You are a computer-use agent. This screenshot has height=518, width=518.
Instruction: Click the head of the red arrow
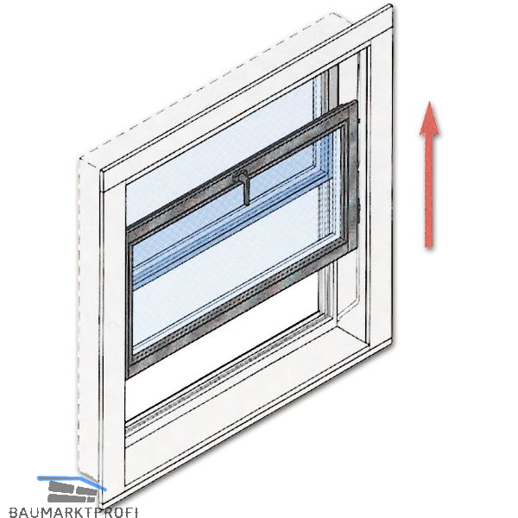pyautogui.click(x=430, y=119)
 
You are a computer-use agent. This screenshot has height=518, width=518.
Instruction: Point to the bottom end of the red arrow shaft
pyautogui.click(x=429, y=247)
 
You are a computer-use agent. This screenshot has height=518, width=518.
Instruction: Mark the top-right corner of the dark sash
pyautogui.click(x=357, y=103)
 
